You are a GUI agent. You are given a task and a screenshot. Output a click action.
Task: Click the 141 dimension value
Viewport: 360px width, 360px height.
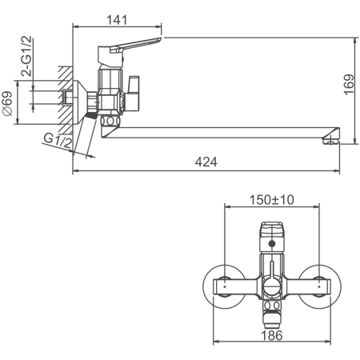[x=117, y=20]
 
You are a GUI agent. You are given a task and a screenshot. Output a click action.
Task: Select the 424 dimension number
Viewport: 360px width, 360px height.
[x=206, y=162]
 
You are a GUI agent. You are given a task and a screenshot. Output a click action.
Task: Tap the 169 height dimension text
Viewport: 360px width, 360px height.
[x=349, y=85]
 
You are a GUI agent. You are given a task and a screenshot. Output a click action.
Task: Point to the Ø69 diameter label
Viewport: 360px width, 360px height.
[x=8, y=103]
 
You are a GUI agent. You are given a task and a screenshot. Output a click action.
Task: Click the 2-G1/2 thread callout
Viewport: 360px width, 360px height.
[x=26, y=56]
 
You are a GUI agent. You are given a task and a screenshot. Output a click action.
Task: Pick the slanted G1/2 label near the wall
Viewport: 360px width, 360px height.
[x=58, y=141]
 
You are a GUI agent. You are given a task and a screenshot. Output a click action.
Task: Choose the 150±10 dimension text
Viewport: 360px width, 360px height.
[x=272, y=200]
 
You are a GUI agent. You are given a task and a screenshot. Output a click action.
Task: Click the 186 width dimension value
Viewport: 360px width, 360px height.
[x=272, y=335]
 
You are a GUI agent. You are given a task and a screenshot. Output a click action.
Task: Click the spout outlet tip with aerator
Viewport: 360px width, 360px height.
[x=331, y=138]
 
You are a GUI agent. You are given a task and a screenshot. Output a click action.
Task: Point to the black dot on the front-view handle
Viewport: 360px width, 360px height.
[x=272, y=243]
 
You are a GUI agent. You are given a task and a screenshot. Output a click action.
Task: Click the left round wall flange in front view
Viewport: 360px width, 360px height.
[x=224, y=286]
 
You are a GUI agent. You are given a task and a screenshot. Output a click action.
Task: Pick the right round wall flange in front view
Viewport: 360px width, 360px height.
[x=319, y=286]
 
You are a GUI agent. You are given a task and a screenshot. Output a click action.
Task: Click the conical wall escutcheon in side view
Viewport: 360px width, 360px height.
[x=79, y=102]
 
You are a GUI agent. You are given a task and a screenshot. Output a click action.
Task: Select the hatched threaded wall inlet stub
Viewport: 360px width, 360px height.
[x=67, y=97]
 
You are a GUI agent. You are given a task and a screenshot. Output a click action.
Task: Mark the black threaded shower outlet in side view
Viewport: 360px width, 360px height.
[x=91, y=115]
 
